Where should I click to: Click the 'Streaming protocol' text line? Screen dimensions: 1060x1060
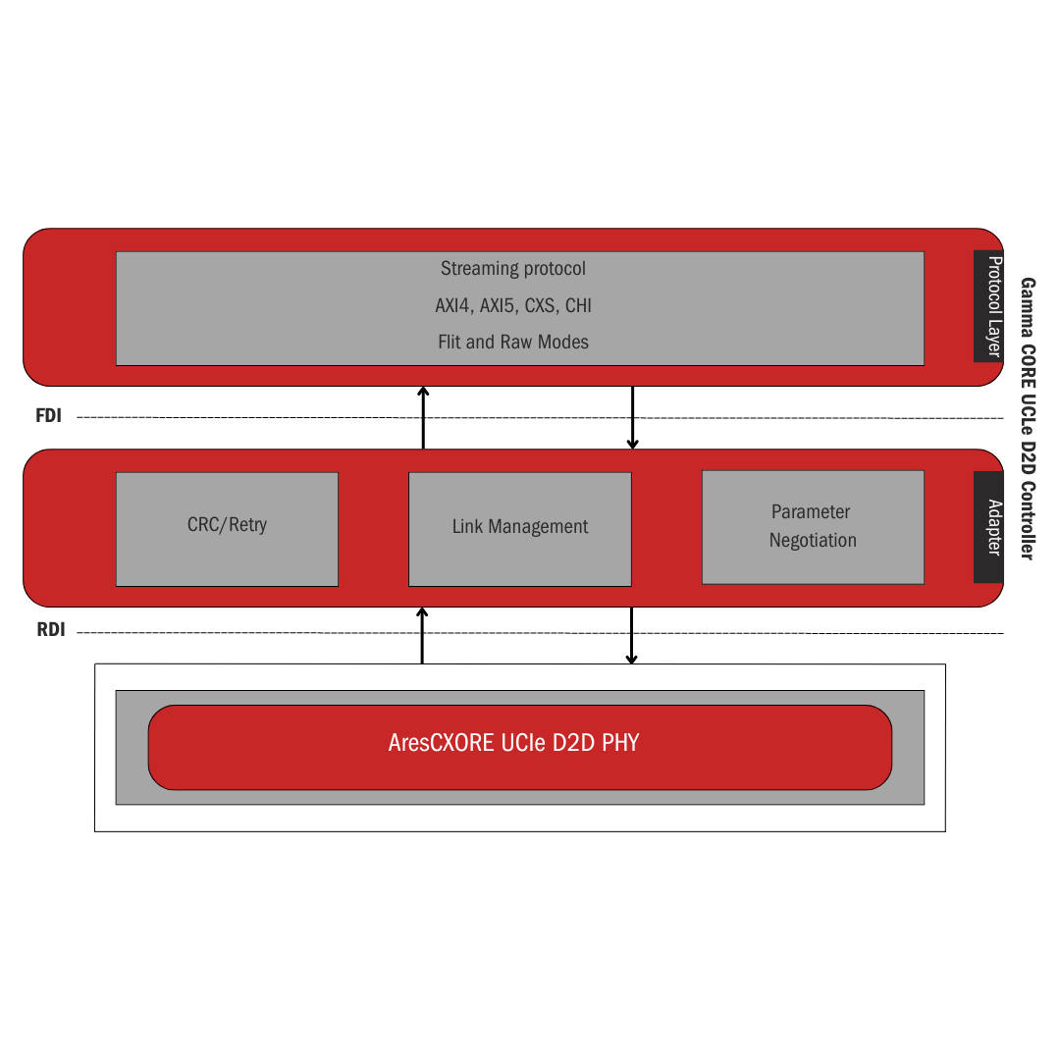pos(513,269)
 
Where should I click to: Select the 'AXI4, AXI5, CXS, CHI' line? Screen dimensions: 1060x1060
pos(513,306)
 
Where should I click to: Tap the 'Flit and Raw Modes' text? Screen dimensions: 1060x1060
pos(513,343)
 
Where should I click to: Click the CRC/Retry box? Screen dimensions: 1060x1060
pos(227,529)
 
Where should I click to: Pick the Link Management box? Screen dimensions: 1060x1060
pos(519,529)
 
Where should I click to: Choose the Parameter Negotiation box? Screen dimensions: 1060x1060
pos(813,527)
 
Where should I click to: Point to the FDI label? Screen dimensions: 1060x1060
pos(49,416)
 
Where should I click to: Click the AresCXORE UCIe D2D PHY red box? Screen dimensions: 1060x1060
pos(519,747)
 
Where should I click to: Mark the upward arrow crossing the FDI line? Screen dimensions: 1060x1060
pos(423,418)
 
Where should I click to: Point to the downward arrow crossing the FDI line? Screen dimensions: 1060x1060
pos(633,418)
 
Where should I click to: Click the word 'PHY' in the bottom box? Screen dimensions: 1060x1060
pos(620,743)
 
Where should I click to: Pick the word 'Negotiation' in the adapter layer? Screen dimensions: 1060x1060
pos(813,541)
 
